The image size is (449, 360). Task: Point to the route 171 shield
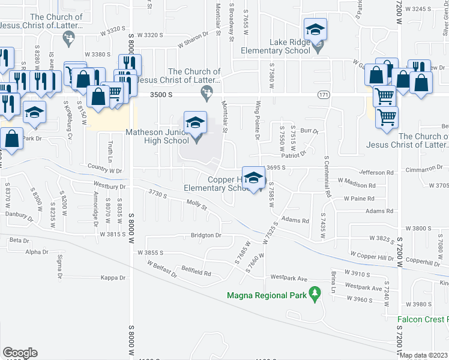324,96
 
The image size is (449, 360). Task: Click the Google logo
20,353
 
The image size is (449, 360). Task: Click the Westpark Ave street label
289,278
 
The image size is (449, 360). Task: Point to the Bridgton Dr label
206,235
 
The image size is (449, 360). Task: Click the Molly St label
196,205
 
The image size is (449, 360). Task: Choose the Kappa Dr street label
113,278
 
